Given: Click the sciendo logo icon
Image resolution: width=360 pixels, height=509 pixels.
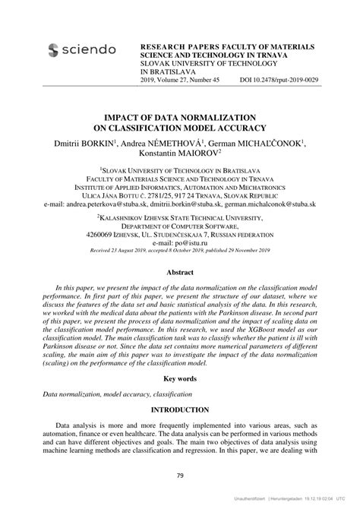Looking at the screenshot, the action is (52, 50).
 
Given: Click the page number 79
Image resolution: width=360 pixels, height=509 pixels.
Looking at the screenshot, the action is (180, 476).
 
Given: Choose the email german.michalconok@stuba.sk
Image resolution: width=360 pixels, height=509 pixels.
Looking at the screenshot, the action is (279, 204).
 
